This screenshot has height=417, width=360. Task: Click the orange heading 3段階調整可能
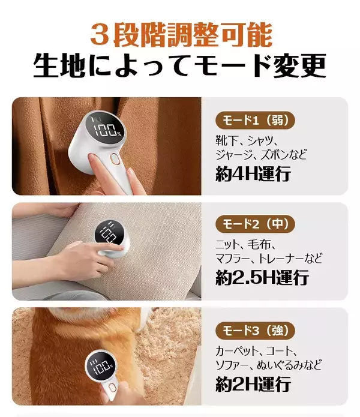pyautogui.click(x=180, y=35)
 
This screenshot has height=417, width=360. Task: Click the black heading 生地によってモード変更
pyautogui.click(x=180, y=66)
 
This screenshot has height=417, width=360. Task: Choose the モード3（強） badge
pyautogui.click(x=255, y=330)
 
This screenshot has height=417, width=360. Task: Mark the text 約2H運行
pyautogui.click(x=253, y=383)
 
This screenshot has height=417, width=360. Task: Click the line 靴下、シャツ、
pyautogui.click(x=248, y=140)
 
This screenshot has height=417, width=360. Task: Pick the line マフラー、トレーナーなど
pyautogui.click(x=268, y=259)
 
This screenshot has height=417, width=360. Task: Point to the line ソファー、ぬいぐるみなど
pyautogui.click(x=268, y=364)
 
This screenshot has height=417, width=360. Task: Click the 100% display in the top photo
pyautogui.click(x=107, y=130)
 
